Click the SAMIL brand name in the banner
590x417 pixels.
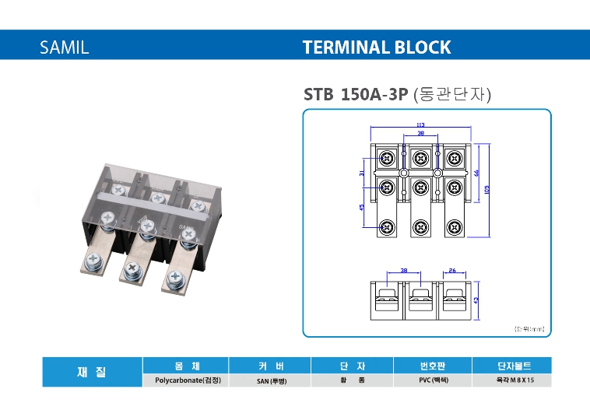(x=65, y=47)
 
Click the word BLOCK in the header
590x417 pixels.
(x=422, y=47)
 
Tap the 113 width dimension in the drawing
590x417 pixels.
(x=420, y=124)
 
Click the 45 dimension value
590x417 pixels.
(x=363, y=208)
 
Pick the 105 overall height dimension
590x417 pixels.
(x=487, y=189)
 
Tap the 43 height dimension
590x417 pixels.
(x=476, y=299)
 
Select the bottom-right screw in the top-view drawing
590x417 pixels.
(x=454, y=228)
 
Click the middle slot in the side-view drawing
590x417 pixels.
(x=420, y=299)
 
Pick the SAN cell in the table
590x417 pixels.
(x=270, y=381)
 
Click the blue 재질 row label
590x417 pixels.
(x=92, y=373)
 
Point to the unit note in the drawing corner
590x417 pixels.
(x=530, y=330)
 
